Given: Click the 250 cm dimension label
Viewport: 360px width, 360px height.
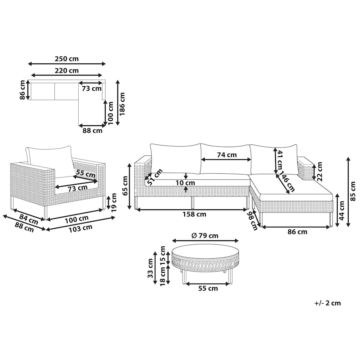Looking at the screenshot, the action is (67, 59).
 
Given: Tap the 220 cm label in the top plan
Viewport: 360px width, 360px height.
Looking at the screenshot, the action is (67, 70).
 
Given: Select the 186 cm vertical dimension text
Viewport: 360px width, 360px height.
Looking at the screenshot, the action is (122, 104).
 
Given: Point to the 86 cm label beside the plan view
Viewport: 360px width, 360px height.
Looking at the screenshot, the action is (22, 90).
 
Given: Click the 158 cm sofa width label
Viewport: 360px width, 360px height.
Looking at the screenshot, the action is (194, 214).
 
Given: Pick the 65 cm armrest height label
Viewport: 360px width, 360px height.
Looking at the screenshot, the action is (125, 186).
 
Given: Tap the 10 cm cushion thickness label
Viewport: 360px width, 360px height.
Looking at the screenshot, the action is (185, 183).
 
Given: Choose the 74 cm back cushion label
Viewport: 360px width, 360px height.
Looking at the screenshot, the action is (227, 155).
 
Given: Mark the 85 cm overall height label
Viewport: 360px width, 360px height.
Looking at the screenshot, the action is (353, 191).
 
